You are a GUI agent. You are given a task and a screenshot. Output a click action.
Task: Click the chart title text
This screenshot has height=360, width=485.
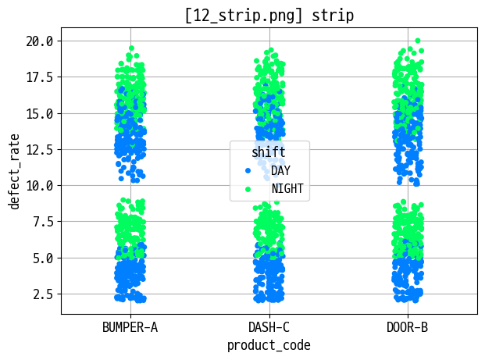269,15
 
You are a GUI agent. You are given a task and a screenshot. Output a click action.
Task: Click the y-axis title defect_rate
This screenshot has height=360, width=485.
14,170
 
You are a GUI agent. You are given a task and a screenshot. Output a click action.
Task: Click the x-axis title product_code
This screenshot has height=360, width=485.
269,344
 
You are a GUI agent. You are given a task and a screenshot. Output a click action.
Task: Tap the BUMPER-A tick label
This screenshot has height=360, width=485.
130,327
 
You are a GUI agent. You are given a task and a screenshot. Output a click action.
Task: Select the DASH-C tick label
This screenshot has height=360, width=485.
269,327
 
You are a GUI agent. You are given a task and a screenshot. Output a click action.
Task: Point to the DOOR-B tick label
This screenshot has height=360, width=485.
407,327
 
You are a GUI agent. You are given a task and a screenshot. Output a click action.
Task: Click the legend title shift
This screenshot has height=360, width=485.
269,151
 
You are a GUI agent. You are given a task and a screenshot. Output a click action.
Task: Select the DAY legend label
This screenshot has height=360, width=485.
280,170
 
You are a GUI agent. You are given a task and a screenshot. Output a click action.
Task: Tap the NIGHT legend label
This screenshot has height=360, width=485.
287,188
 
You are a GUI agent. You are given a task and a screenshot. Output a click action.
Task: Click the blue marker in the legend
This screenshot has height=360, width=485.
248,170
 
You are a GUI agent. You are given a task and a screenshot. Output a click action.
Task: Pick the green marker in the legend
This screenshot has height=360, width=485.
248,188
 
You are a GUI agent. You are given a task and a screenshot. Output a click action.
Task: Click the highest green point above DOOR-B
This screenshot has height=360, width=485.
418,41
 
